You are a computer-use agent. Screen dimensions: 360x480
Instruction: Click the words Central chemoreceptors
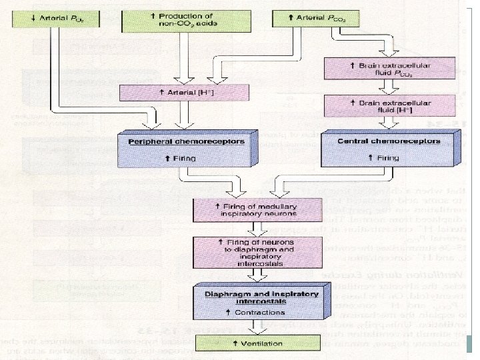(x=379, y=141)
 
